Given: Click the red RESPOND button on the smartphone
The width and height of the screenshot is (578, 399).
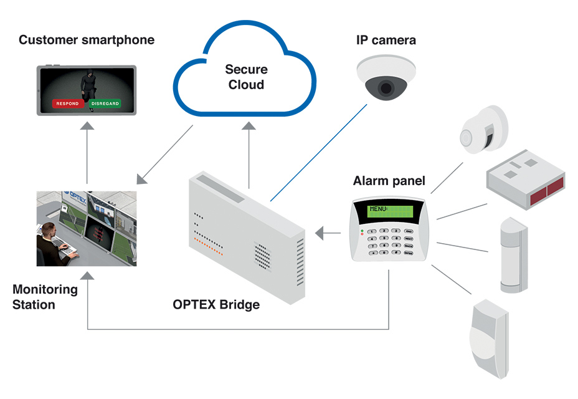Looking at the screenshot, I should tap(67, 103).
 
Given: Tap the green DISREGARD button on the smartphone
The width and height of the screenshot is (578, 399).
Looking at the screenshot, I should tap(105, 103).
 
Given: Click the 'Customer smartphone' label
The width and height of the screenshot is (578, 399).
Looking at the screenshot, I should tap(87, 41).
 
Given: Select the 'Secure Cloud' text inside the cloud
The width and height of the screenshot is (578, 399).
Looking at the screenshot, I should tap(246, 77).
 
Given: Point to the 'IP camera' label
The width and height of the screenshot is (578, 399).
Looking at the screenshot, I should tap(386, 41).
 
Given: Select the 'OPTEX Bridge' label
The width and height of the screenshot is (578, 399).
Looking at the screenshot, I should tap(216, 305).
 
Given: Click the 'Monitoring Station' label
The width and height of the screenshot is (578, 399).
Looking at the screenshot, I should tap(45, 297).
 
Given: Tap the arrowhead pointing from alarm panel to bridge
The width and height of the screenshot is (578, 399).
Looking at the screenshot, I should tap(320, 234).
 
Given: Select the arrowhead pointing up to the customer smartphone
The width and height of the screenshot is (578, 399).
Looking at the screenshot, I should tap(87, 127).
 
